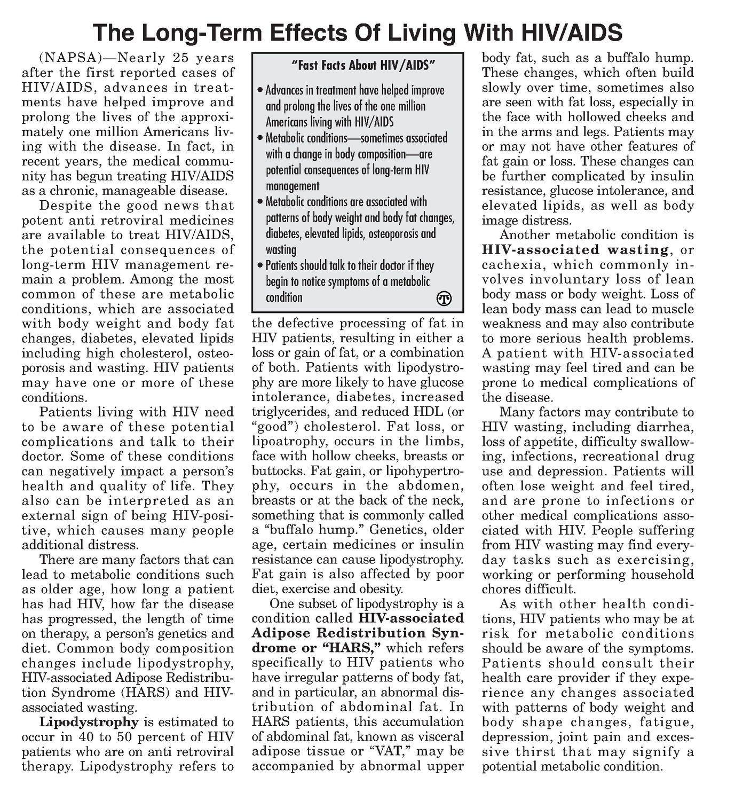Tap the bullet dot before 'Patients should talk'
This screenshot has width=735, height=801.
tap(259, 266)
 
